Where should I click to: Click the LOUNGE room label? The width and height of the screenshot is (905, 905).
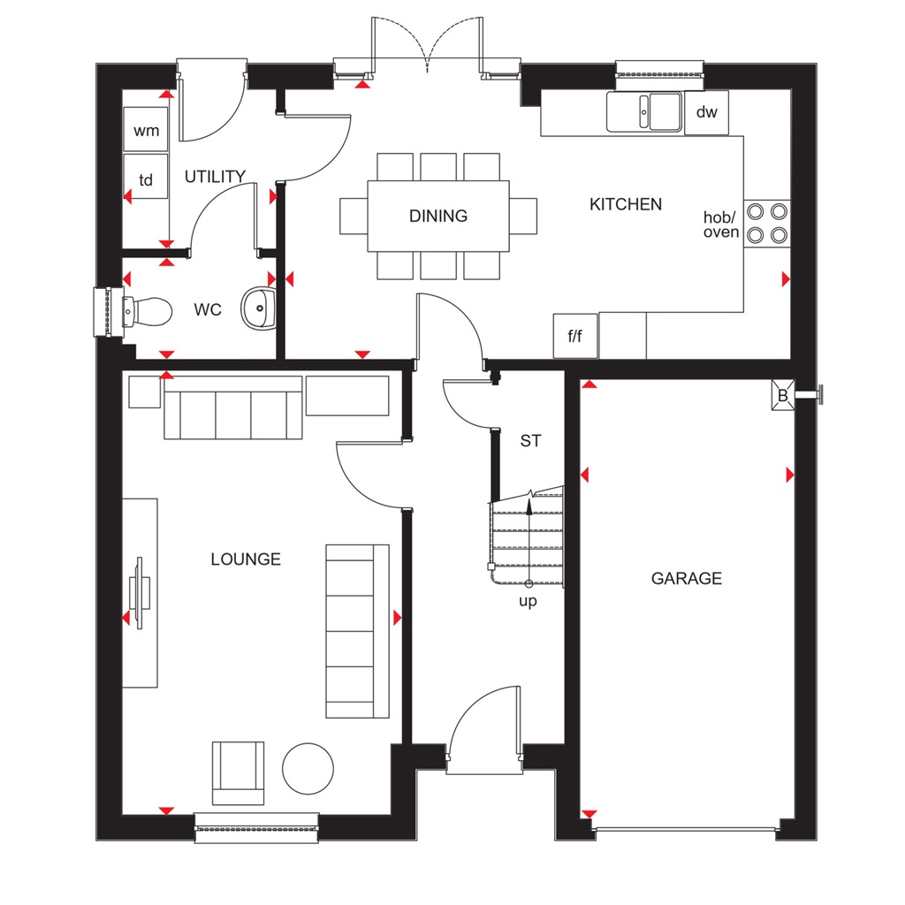click(x=246, y=559)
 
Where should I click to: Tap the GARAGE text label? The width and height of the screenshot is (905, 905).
click(x=687, y=579)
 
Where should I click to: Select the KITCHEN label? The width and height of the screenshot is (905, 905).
click(x=626, y=204)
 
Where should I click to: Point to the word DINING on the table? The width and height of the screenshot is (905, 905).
click(x=438, y=216)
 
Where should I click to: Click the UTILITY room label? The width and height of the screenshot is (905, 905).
click(x=215, y=177)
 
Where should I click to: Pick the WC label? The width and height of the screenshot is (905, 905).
click(x=208, y=311)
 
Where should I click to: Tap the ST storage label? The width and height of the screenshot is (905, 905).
click(x=530, y=440)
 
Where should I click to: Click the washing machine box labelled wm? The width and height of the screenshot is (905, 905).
click(x=146, y=131)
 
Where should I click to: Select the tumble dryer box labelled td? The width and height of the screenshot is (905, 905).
click(x=146, y=180)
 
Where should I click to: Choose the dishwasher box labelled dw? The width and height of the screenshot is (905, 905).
click(x=707, y=112)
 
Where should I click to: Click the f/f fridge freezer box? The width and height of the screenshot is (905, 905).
click(x=575, y=336)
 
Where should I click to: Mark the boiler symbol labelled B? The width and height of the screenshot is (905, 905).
click(x=782, y=396)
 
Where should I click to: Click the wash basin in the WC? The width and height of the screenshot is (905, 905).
click(x=258, y=308)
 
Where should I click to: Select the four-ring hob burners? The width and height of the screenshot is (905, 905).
click(x=767, y=223)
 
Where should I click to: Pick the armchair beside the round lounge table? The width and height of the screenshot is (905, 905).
click(x=238, y=773)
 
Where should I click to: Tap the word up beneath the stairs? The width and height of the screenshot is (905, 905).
click(x=529, y=601)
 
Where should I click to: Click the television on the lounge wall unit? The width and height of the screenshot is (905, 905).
click(x=140, y=592)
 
